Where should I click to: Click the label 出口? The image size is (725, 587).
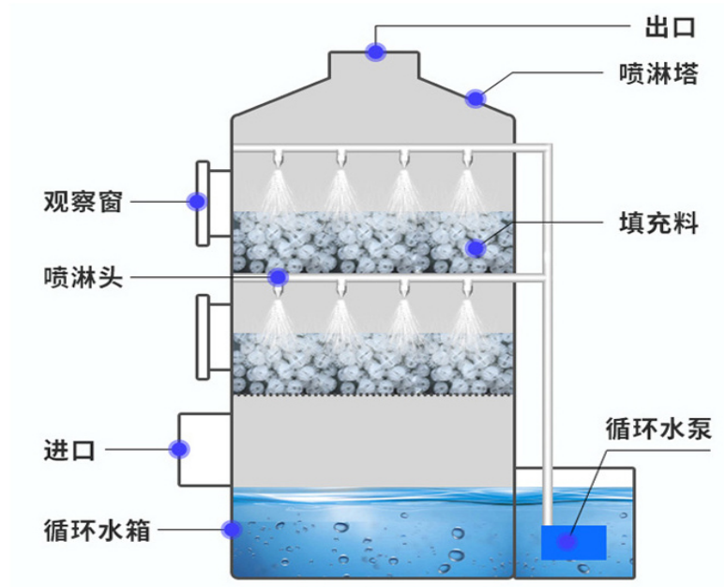coord(670,27)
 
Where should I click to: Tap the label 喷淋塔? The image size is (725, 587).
coord(658,74)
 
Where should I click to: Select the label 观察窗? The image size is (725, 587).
coord(83,201)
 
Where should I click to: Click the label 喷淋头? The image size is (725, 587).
coord(83,277)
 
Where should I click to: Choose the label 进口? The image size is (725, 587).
coord(69,450)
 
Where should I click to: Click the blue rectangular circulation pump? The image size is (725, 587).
coord(573,542)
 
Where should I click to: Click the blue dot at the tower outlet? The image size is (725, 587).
coord(376,51)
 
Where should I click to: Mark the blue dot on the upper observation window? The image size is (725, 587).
coord(197,201)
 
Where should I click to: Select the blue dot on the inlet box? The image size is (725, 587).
coord(178,449)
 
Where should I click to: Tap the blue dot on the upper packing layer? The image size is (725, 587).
coord(476,248)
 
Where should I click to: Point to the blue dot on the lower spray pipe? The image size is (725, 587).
coord(278,277)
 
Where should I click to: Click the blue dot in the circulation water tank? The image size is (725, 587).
coord(229,530)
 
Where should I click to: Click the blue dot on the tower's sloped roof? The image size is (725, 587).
coord(476,98)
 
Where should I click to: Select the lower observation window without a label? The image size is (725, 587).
coord(203,336)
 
